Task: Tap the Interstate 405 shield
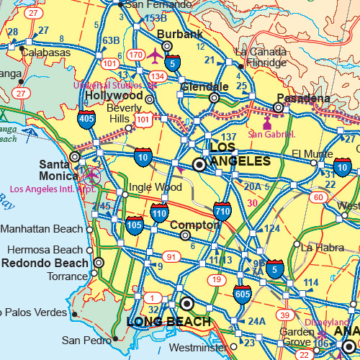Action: [86, 119]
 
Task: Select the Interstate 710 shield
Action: [222, 211]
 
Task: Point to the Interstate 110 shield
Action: [159, 212]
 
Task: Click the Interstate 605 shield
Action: [242, 294]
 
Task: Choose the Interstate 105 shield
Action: [134, 225]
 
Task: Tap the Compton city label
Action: [194, 225]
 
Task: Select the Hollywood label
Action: [114, 95]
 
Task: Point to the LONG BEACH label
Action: [168, 321]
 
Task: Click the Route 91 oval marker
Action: [171, 256]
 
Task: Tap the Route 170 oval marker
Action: [135, 54]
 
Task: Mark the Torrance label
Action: [67, 276]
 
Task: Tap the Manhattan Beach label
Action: [41, 230]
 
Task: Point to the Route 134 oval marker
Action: [157, 76]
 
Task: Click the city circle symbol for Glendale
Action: [214, 98]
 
